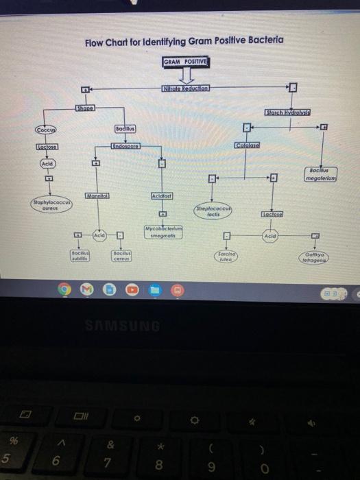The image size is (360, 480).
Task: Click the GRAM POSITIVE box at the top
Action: pyautogui.click(x=186, y=62)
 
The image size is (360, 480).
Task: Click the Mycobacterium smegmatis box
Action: pyautogui.click(x=163, y=230)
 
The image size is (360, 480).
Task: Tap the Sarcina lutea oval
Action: pyautogui.click(x=226, y=257)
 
